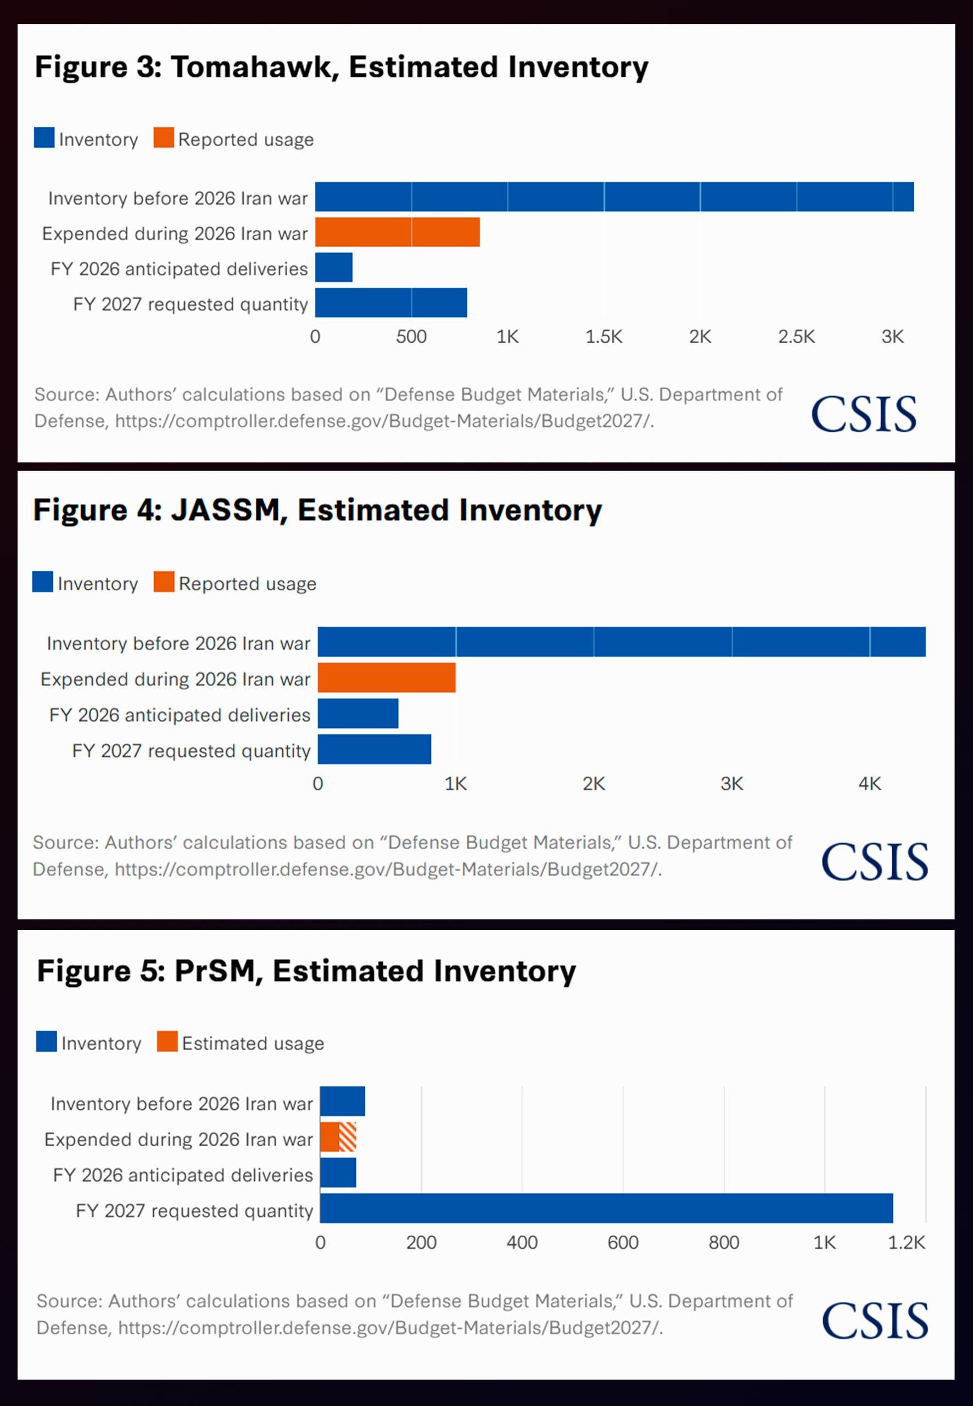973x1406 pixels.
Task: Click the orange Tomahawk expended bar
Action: pyautogui.click(x=398, y=232)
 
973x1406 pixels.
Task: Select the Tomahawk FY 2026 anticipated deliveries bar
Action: pyautogui.click(x=333, y=267)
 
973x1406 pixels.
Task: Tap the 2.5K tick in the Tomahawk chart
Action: pyautogui.click(x=796, y=337)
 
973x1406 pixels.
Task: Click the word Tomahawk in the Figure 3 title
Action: pyautogui.click(x=255, y=66)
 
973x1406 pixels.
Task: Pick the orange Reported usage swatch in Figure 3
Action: pyautogui.click(x=164, y=138)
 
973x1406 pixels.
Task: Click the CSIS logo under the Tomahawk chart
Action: pyautogui.click(x=864, y=414)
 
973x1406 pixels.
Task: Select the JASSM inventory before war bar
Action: pyautogui.click(x=622, y=642)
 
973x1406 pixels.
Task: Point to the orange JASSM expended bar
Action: pyautogui.click(x=387, y=677)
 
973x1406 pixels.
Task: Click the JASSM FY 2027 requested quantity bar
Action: pyautogui.click(x=374, y=749)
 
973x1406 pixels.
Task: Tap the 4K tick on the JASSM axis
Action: pyautogui.click(x=870, y=784)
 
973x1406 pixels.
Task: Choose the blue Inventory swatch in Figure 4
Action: pyautogui.click(x=43, y=582)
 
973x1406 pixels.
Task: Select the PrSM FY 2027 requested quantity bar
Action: pyautogui.click(x=607, y=1208)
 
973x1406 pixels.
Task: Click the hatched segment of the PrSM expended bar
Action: pyautogui.click(x=348, y=1137)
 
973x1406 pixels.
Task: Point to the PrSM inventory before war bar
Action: pyautogui.click(x=343, y=1101)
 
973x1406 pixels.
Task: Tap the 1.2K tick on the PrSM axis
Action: pyautogui.click(x=907, y=1242)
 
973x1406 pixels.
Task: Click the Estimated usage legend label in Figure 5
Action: pyautogui.click(x=253, y=1043)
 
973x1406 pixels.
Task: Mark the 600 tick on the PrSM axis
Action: pyautogui.click(x=623, y=1242)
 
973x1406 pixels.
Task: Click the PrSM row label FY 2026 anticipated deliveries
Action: pyautogui.click(x=183, y=1175)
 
